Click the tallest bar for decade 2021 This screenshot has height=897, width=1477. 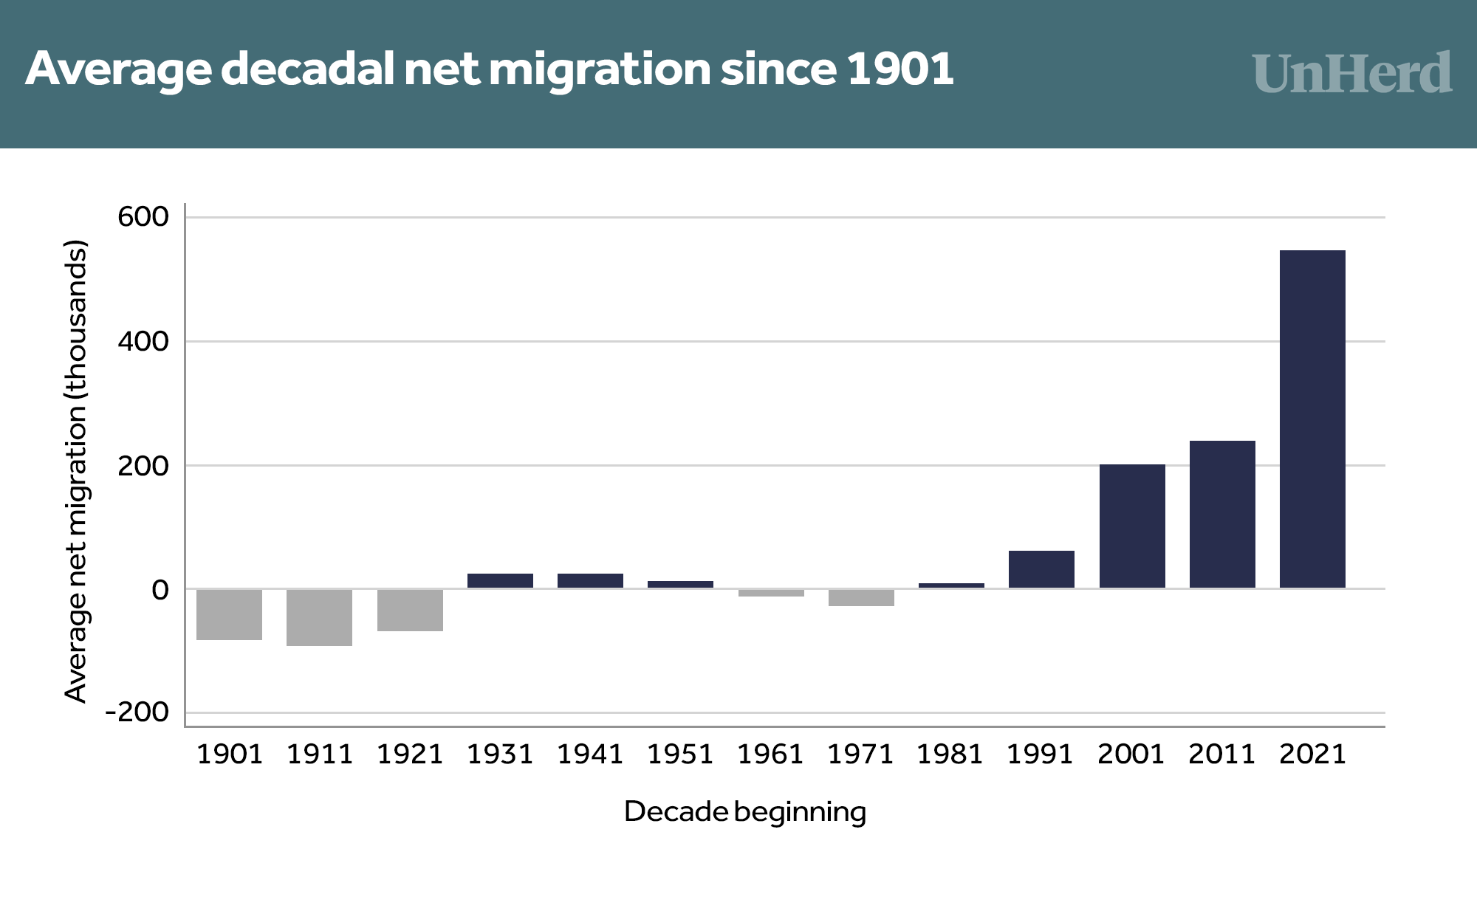tap(1312, 419)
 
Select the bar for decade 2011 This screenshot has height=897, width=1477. tap(1222, 514)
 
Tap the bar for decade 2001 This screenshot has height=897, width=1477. tap(1132, 526)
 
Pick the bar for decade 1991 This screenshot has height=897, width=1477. tap(1041, 569)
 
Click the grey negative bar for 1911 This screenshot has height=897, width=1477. tap(319, 617)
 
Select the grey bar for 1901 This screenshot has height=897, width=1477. tap(229, 614)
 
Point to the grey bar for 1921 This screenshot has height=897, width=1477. tap(410, 610)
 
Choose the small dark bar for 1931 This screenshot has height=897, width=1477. tap(500, 580)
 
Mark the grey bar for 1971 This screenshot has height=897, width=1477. tap(861, 597)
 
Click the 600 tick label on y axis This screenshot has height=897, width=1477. tap(143, 217)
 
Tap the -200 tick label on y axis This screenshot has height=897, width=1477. tap(137, 712)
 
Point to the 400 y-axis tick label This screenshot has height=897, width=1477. tap(143, 341)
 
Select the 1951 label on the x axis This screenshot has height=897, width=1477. tap(680, 754)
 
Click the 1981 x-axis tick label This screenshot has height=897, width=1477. tap(950, 754)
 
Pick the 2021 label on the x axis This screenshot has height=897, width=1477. tap(1312, 754)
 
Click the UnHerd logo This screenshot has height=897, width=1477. tap(1351, 74)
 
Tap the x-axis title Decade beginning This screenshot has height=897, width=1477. tap(744, 811)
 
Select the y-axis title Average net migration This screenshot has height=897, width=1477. tap(76, 470)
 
